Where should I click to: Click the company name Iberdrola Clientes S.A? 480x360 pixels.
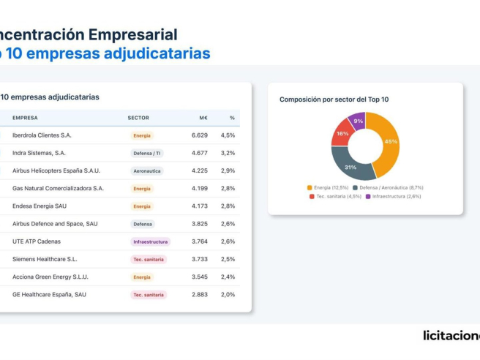(42, 135)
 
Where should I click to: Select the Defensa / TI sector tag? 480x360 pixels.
(148, 153)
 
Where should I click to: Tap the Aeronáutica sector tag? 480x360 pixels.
(147, 171)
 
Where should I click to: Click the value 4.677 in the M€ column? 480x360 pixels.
(200, 153)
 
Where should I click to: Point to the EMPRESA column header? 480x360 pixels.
(25, 118)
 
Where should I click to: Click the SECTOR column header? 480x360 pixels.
(138, 118)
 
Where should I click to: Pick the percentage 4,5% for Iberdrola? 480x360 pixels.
(228, 135)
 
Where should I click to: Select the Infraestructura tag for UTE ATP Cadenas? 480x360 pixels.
(150, 241)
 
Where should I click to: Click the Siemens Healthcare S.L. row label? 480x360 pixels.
(45, 259)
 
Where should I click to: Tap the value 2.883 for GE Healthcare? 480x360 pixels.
(200, 294)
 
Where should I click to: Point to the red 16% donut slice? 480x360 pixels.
(342, 134)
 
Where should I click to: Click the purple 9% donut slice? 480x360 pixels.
(358, 121)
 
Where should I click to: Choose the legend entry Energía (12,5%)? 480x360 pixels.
(331, 187)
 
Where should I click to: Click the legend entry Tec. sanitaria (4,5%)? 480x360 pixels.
(336, 196)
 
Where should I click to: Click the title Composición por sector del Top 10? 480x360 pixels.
(334, 100)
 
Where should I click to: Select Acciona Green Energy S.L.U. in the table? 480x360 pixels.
(50, 277)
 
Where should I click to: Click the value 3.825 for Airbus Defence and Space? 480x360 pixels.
(200, 224)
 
